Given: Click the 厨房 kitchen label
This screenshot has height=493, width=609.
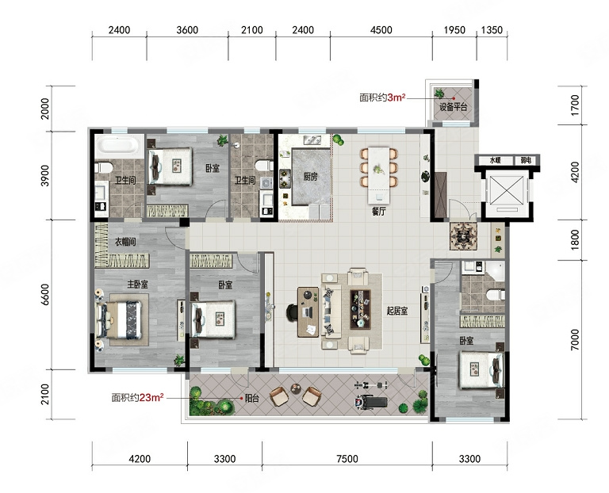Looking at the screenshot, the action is [x=310, y=177].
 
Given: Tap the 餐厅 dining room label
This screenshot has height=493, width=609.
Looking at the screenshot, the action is [x=379, y=212].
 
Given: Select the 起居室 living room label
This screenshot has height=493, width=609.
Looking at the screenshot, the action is [x=397, y=311].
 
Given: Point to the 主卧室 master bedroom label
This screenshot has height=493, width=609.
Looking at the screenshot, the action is [x=137, y=285].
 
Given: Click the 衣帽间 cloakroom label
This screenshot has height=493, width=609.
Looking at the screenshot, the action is [x=125, y=242].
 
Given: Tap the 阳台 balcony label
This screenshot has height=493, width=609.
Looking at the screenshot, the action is [x=251, y=398].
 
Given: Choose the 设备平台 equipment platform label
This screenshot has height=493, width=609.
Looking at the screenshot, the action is [x=454, y=107].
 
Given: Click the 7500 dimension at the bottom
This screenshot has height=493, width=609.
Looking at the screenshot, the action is [x=347, y=459].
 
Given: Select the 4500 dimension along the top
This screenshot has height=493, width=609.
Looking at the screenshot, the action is [x=381, y=30].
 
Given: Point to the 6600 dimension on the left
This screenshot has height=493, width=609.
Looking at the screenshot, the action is [x=45, y=295].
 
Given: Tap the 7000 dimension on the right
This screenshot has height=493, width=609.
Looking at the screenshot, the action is [x=575, y=340].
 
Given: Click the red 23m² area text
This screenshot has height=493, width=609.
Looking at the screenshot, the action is [x=151, y=398].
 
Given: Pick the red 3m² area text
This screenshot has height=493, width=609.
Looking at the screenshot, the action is [x=396, y=97].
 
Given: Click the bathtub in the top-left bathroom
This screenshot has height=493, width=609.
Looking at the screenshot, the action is [x=119, y=146].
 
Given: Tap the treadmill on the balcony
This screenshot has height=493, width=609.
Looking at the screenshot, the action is [x=370, y=403].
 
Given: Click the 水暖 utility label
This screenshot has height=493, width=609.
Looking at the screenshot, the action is [x=495, y=160].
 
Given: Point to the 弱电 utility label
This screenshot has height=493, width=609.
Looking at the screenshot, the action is [x=526, y=160].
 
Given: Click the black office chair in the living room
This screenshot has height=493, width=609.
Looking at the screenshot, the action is [x=292, y=313].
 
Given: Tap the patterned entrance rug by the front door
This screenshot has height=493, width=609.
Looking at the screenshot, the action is [x=463, y=236].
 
